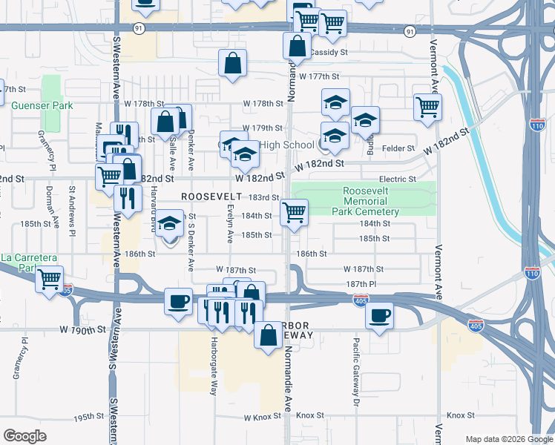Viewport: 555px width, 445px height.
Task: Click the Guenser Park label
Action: [x=42, y=106]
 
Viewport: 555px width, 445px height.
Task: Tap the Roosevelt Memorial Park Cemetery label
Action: [x=371, y=201]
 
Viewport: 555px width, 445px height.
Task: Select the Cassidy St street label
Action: [x=329, y=53]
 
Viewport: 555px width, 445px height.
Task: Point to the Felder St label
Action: [x=398, y=148]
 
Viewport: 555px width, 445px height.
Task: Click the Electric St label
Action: [x=398, y=179]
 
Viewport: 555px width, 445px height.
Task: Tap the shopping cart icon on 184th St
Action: [x=295, y=213]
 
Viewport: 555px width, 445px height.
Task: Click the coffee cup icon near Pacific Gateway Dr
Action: [x=379, y=315]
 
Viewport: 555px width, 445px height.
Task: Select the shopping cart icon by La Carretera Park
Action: [x=50, y=280]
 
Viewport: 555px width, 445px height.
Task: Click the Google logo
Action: [x=25, y=436]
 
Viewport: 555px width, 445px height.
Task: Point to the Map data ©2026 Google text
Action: [x=508, y=439]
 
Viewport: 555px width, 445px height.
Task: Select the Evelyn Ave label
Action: [x=230, y=225]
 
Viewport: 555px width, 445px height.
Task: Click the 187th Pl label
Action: [x=361, y=284]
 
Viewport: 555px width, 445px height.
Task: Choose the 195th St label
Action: [x=88, y=418]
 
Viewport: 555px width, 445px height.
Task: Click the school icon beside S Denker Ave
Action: [x=170, y=224]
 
